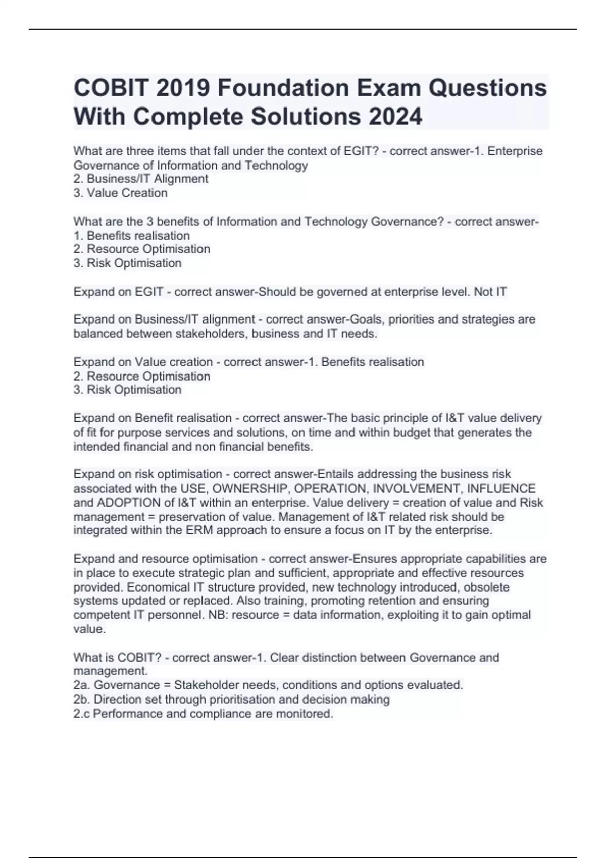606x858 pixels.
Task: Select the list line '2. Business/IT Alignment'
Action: tap(141, 179)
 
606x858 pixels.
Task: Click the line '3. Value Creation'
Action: tap(121, 193)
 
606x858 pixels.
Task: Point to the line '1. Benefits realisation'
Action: tap(132, 235)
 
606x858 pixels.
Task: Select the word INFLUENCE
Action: tap(501, 488)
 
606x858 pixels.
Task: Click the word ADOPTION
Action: tap(129, 503)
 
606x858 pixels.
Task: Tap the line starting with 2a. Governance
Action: tap(268, 685)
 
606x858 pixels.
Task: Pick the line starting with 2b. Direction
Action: tap(232, 699)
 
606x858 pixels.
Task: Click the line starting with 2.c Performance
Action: tap(204, 713)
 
